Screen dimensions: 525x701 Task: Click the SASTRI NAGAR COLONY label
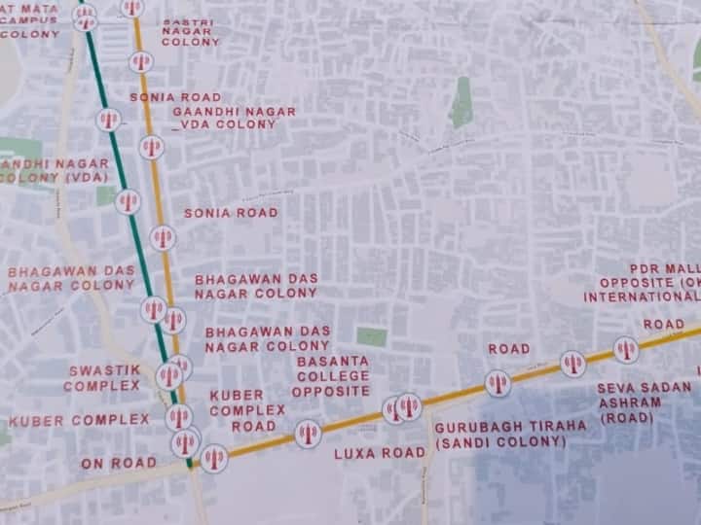click(190, 32)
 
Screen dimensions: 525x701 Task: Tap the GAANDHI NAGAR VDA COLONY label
click(234, 118)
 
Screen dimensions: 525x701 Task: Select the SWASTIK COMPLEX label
click(104, 377)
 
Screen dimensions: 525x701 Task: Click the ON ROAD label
click(118, 463)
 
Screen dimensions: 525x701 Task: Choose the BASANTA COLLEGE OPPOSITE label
click(333, 375)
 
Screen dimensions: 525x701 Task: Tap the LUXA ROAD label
click(379, 453)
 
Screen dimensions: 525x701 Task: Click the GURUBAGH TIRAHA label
click(510, 426)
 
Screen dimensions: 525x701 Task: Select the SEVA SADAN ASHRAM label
click(645, 402)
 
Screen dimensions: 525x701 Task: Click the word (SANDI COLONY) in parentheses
click(499, 441)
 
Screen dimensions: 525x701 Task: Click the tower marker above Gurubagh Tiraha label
click(498, 383)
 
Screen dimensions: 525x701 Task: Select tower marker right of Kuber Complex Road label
click(308, 434)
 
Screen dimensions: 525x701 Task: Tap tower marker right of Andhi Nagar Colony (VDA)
click(128, 202)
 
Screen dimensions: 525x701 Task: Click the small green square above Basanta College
click(371, 336)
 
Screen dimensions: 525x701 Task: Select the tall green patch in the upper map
click(461, 103)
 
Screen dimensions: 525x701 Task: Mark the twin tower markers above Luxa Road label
click(401, 407)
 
